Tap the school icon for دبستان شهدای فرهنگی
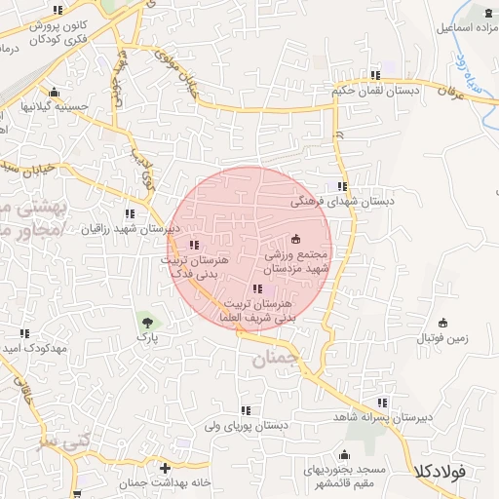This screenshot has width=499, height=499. (x=341, y=186)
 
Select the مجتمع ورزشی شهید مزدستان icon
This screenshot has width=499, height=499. (x=296, y=239)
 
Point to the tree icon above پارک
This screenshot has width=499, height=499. (x=146, y=321)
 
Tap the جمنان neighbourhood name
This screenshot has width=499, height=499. (x=273, y=359)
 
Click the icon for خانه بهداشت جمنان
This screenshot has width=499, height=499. (x=165, y=469)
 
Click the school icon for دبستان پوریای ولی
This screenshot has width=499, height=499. (x=245, y=410)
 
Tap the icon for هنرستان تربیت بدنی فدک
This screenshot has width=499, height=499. (x=194, y=245)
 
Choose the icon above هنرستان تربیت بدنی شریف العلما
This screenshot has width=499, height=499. (x=257, y=288)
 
